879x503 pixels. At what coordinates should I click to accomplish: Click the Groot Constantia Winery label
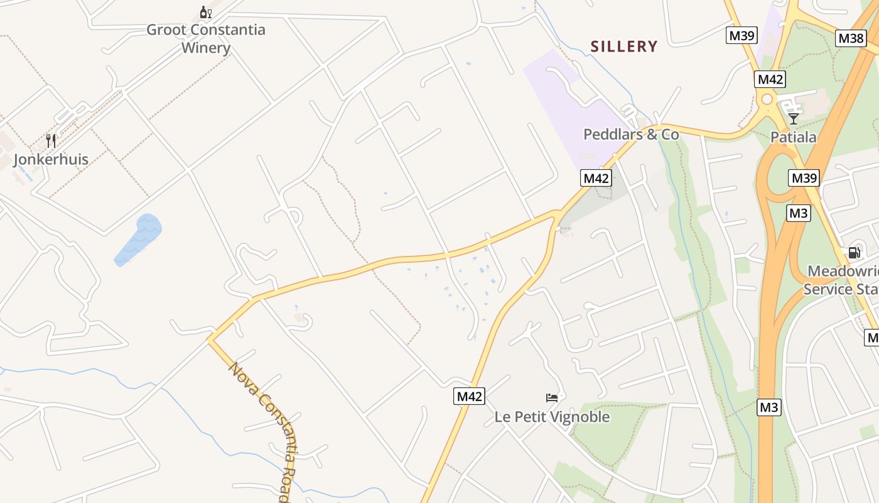click(206, 38)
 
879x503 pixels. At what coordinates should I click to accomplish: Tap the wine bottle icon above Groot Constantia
click(205, 12)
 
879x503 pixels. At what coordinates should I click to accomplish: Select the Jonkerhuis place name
click(51, 159)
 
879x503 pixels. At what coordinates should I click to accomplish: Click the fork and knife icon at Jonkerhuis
click(51, 140)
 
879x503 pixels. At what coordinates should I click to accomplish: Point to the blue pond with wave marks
click(139, 239)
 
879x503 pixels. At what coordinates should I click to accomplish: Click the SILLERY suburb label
click(624, 47)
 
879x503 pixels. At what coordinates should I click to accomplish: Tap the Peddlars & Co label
click(631, 134)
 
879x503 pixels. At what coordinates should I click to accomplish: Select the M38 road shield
click(851, 38)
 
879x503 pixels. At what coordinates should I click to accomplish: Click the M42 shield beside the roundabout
click(770, 79)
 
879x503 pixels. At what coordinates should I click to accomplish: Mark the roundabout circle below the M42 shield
click(767, 99)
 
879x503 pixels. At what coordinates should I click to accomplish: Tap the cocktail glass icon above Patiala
click(794, 118)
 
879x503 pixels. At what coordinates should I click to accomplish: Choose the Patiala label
click(794, 137)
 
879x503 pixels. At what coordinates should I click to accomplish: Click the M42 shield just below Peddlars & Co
click(596, 178)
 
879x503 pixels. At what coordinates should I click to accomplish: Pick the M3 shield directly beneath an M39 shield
click(799, 213)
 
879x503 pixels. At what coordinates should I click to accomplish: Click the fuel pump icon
click(854, 253)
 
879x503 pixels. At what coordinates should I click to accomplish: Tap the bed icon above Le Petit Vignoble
click(552, 397)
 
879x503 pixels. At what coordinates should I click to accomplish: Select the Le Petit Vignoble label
click(552, 417)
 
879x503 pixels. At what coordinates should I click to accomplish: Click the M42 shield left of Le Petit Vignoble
click(469, 396)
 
